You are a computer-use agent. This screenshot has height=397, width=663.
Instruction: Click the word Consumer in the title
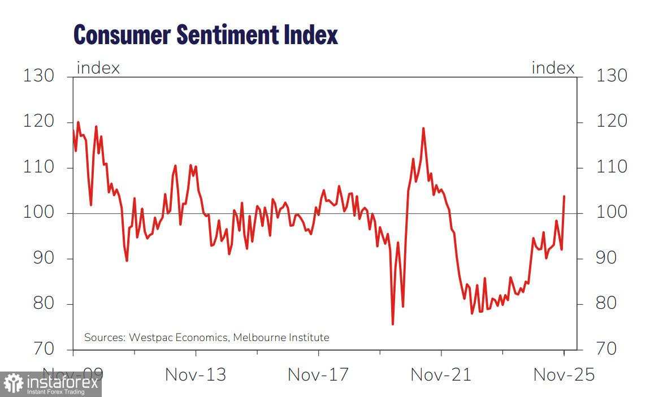click(x=122, y=35)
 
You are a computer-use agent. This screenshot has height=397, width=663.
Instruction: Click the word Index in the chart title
click(x=310, y=35)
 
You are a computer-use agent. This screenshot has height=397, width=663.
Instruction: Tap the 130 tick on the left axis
click(x=39, y=76)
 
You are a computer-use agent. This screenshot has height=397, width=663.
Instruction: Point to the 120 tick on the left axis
click(x=39, y=122)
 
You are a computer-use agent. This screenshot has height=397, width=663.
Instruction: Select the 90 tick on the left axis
click(x=39, y=258)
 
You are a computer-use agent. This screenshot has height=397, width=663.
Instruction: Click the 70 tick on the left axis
click(x=39, y=348)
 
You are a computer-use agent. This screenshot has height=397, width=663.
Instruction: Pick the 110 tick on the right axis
click(x=612, y=167)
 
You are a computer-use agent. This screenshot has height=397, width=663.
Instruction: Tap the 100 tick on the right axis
click(x=612, y=213)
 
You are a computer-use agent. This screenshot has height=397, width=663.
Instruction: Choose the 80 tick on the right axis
click(x=612, y=304)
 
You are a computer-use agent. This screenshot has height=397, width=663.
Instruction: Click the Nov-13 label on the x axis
click(x=195, y=374)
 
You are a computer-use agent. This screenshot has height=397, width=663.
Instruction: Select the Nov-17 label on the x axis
click(x=318, y=374)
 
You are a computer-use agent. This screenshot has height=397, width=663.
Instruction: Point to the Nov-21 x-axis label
click(x=440, y=374)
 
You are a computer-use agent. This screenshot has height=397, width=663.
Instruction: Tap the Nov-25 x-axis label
click(x=564, y=374)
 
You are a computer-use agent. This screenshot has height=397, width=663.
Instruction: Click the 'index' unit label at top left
click(x=98, y=68)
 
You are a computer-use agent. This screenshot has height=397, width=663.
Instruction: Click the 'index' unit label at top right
click(x=553, y=68)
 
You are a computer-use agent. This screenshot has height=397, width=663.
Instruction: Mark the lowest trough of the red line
click(x=392, y=324)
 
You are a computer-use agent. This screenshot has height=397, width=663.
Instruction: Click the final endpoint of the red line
click(x=564, y=196)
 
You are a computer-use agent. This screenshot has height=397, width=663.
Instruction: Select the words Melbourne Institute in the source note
click(x=281, y=338)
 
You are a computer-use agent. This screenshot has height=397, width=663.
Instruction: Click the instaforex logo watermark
click(x=51, y=385)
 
